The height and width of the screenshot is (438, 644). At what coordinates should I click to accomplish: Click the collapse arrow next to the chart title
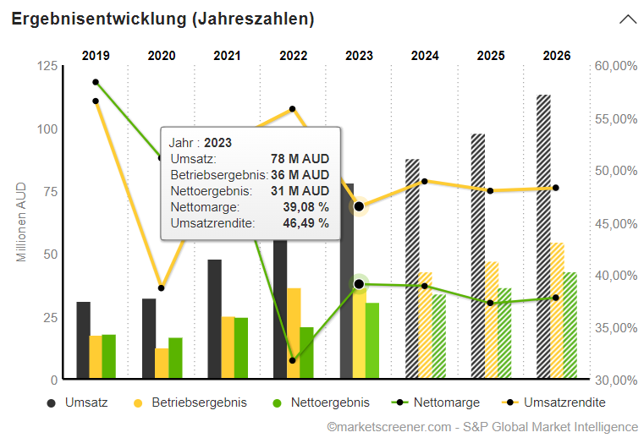tap(628, 19)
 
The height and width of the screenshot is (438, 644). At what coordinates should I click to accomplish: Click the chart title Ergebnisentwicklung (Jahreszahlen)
tap(162, 19)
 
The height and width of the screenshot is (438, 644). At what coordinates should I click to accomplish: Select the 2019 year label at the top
tap(96, 56)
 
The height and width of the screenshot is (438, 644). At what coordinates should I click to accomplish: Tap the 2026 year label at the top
tap(557, 56)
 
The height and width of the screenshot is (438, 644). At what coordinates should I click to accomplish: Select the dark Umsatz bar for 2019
tap(83, 340)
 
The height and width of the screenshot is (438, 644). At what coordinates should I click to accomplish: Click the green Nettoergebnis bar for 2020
tap(175, 358)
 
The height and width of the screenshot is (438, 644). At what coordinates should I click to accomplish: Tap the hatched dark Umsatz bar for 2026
tap(543, 237)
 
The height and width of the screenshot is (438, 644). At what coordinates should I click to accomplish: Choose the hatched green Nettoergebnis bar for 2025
tap(504, 333)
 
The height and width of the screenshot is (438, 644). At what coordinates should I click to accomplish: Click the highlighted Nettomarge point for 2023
tap(359, 284)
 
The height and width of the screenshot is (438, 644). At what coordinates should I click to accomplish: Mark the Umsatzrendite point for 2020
tap(162, 288)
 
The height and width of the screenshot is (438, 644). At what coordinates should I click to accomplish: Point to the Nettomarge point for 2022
tap(293, 360)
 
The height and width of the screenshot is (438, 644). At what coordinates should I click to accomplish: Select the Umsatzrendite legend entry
tap(564, 402)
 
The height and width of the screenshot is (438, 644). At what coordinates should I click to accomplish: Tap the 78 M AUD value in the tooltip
tap(300, 159)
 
